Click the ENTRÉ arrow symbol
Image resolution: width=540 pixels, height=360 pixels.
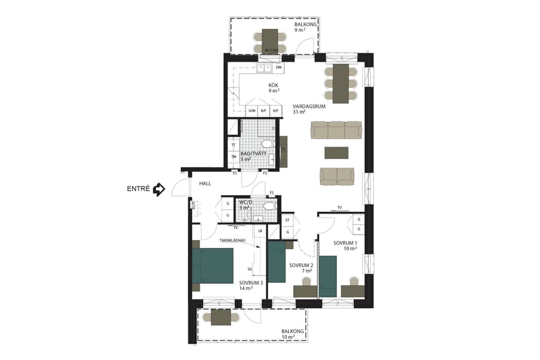point(159,190)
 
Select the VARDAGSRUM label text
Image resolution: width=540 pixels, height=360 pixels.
point(308,106)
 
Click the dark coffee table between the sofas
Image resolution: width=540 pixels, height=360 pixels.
point(336,152)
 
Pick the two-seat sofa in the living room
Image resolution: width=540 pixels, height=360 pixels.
point(337,176)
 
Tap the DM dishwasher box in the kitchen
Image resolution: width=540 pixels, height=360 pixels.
point(278,68)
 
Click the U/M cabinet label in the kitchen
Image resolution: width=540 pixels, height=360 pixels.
point(251,111)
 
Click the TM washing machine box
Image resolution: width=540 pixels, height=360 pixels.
point(233,158)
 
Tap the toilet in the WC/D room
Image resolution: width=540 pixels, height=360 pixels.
point(269,206)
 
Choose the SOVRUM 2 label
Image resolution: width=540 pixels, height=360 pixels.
point(300,265)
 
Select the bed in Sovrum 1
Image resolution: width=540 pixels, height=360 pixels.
point(328,276)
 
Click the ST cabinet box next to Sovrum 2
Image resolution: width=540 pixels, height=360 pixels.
point(287,220)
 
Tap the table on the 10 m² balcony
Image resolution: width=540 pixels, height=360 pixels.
point(221,317)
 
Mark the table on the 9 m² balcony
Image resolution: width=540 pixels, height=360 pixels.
point(270,40)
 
